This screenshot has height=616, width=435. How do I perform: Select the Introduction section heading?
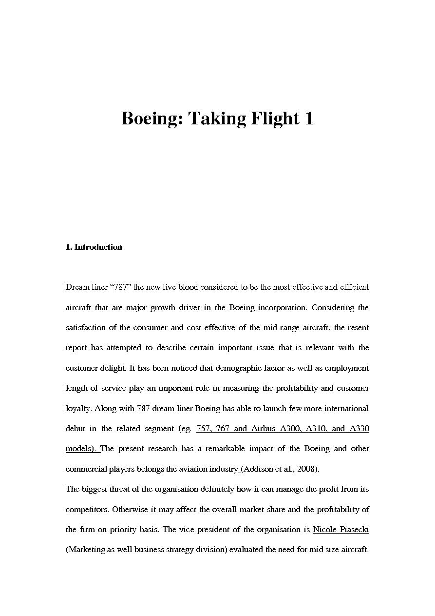pyautogui.click(x=98, y=247)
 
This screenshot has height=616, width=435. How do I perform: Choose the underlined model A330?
pyautogui.click(x=359, y=428)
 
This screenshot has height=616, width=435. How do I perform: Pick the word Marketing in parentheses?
pyautogui.click(x=87, y=550)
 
